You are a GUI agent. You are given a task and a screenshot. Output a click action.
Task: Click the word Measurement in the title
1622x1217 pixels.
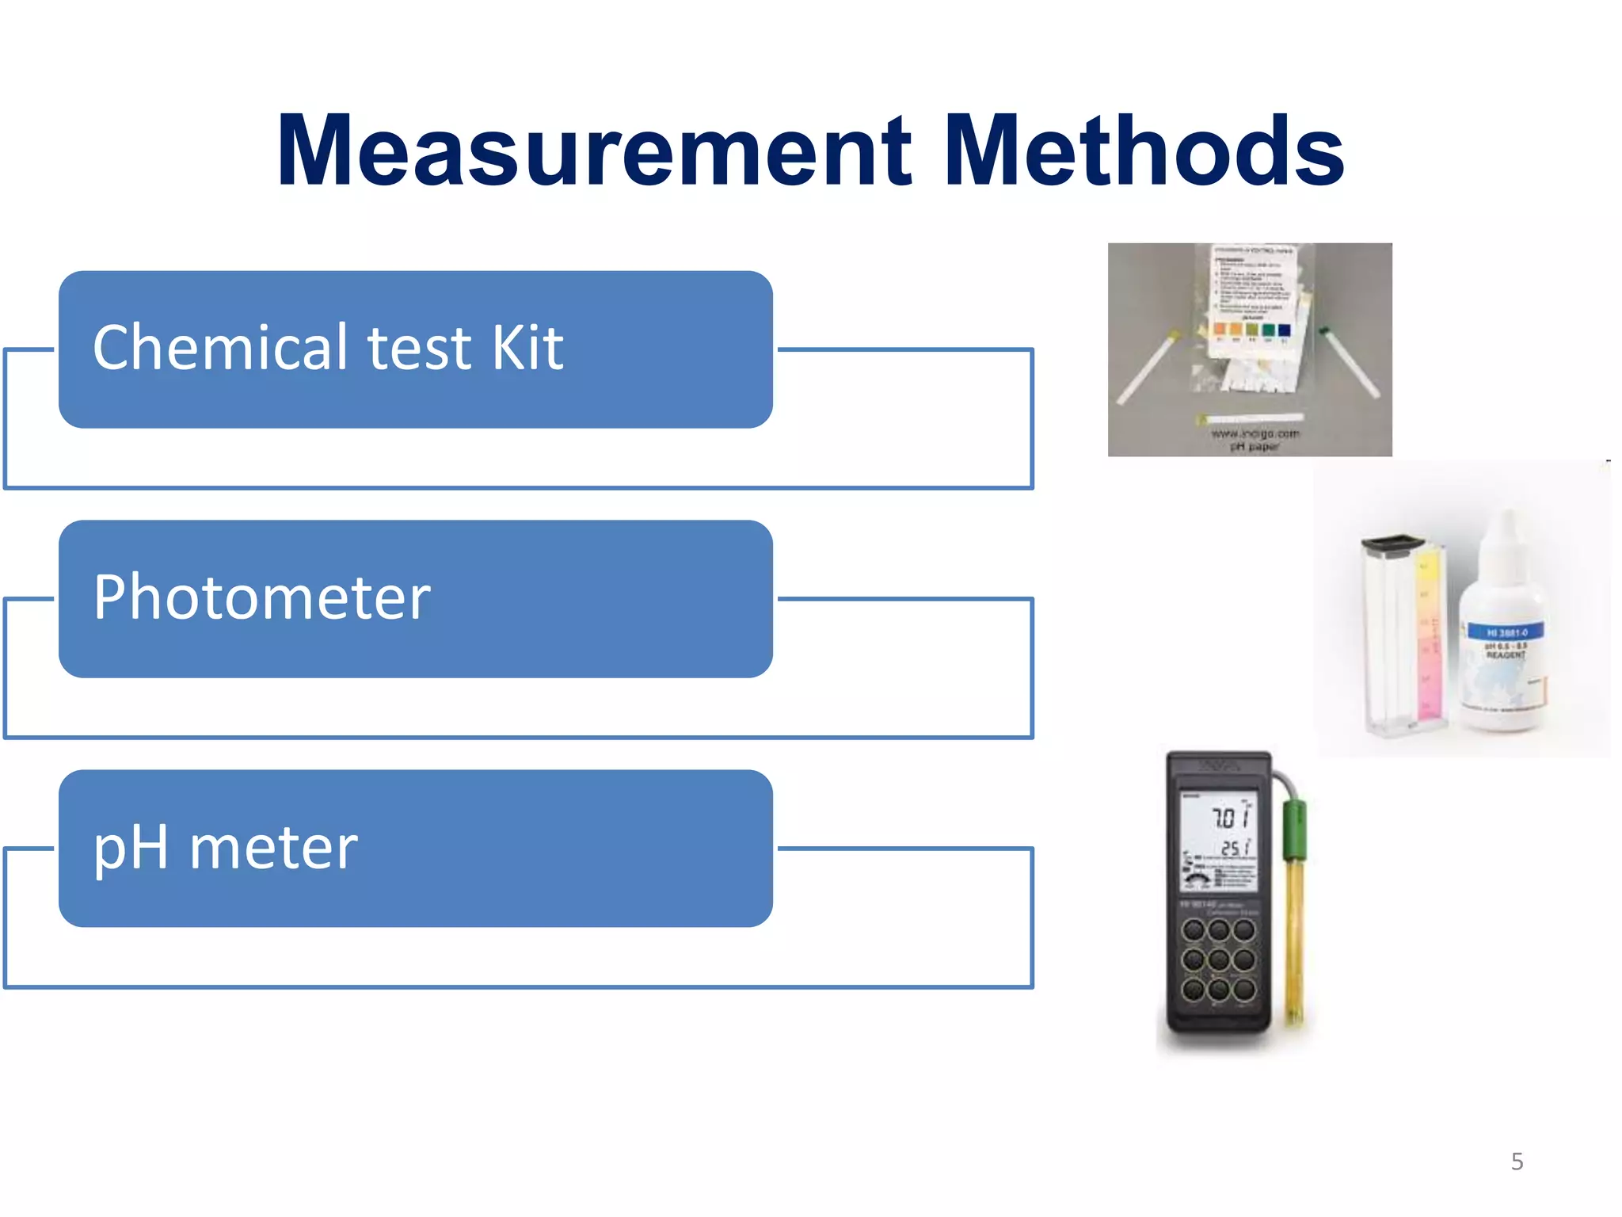pos(594,151)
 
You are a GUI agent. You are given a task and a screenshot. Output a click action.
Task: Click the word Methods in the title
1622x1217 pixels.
pos(1144,151)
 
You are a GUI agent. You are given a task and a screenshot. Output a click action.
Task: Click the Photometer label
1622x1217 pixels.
pos(261,597)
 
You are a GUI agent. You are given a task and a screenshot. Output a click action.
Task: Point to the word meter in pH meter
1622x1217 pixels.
pos(273,848)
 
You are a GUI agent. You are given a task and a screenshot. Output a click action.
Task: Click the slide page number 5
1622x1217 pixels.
pos(1517,1162)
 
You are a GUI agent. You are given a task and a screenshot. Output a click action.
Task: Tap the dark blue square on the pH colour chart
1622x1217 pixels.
pos(1284,330)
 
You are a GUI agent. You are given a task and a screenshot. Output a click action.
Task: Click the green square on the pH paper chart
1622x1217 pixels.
pos(1268,330)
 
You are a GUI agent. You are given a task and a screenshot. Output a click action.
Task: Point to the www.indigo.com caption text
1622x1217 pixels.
pos(1255,433)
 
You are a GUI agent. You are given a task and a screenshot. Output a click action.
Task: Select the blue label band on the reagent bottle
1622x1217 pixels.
pos(1506,632)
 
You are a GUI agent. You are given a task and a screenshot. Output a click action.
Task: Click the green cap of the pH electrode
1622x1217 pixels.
pos(1294,829)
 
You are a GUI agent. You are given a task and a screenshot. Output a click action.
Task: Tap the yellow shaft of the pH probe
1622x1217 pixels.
pos(1294,935)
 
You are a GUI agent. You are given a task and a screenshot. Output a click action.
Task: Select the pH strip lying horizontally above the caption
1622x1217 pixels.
pos(1251,417)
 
